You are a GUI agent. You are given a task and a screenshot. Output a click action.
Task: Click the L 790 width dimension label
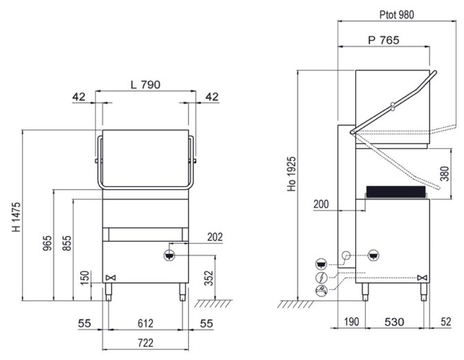(145, 85)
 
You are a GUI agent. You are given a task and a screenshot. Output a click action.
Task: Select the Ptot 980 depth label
(397, 15)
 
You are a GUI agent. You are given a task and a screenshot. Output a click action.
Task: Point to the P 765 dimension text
(384, 40)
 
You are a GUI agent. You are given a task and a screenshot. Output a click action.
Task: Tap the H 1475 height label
(17, 217)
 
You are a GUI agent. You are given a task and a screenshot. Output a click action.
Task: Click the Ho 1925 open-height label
(292, 174)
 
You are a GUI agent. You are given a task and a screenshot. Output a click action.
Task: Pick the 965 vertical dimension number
(47, 243)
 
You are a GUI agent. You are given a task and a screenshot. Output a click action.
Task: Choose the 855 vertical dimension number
(67, 243)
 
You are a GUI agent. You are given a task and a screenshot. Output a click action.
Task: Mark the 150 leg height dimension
(84, 278)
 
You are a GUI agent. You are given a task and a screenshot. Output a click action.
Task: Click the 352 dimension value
(209, 278)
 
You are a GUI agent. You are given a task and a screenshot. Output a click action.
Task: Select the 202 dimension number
(215, 237)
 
